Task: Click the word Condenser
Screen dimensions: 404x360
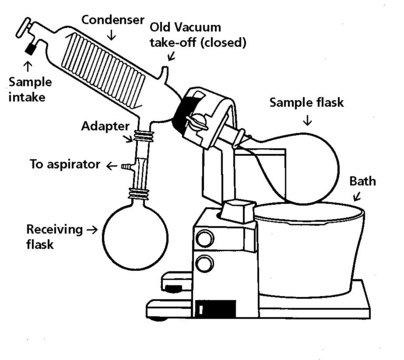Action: (x=113, y=20)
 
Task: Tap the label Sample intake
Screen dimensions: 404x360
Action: (x=30, y=89)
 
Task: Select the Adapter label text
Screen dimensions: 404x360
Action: (x=105, y=126)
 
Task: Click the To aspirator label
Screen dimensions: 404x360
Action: (x=65, y=164)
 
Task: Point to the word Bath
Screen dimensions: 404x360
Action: (x=362, y=181)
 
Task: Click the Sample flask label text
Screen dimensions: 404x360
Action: (x=306, y=102)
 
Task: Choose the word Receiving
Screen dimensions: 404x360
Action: (x=54, y=229)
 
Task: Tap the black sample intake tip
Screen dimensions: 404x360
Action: (x=31, y=49)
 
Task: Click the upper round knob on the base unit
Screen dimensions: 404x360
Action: (x=205, y=238)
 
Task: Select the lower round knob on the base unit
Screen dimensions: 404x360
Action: (x=205, y=263)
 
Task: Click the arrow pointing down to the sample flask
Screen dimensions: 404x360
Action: (x=307, y=120)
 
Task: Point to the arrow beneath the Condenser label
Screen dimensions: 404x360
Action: (x=112, y=34)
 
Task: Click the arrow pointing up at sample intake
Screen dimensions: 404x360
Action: (x=28, y=67)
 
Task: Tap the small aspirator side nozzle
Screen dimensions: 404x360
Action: (x=127, y=166)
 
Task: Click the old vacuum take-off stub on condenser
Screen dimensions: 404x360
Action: (x=164, y=73)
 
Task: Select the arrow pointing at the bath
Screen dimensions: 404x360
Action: (x=357, y=196)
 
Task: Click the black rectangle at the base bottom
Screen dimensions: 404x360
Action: (x=216, y=309)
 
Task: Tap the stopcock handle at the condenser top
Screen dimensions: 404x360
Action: (x=24, y=28)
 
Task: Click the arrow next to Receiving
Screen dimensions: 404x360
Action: (x=92, y=229)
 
